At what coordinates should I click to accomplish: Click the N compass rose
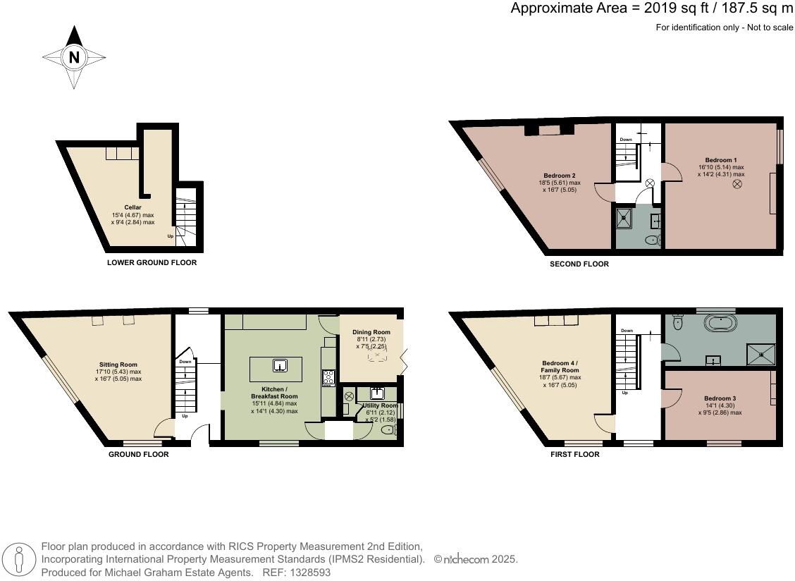74,58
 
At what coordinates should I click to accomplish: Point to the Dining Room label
371,332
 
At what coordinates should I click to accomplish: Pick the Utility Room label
380,406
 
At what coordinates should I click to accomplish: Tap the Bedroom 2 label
561,176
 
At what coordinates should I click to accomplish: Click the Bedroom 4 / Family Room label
560,366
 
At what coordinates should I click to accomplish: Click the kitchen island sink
280,365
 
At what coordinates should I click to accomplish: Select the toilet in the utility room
388,430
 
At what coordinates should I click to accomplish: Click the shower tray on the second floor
625,219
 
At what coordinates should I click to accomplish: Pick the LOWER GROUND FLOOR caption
152,262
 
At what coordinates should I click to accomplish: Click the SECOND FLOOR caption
579,264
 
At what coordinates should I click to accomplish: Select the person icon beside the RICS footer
20,561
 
